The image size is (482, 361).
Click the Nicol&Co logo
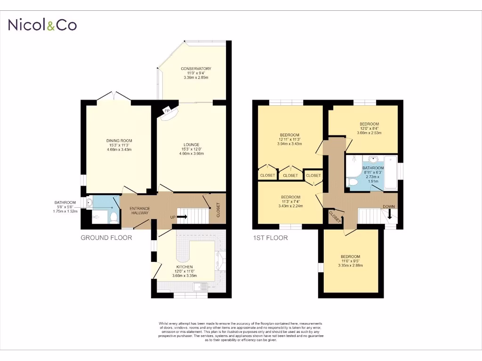click(x=42, y=25)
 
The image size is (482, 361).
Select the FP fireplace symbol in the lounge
click(x=166, y=111)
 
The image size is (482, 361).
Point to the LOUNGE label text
click(x=192, y=144)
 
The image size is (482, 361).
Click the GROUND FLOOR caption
click(x=106, y=238)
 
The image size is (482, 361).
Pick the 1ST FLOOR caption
click(x=270, y=238)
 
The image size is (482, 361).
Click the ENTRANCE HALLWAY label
click(x=139, y=211)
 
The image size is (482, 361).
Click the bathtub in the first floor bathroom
click(x=390, y=173)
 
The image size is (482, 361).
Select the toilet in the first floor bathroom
click(x=352, y=181)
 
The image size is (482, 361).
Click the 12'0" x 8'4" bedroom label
click(x=369, y=124)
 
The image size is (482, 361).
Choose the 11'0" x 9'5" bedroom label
click(x=350, y=257)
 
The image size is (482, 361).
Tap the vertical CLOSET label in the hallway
click(x=217, y=210)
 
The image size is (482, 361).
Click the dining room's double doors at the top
click(x=113, y=96)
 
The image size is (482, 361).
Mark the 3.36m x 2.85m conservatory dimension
click(x=196, y=78)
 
